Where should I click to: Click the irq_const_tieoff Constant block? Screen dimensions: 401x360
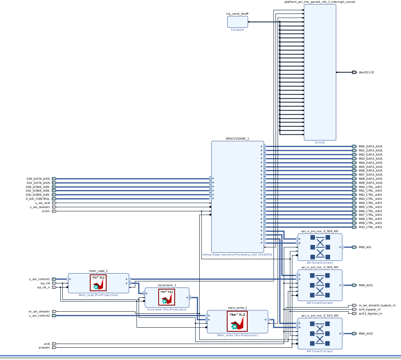[x=237, y=22]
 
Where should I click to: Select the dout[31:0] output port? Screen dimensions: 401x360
[x=354, y=72]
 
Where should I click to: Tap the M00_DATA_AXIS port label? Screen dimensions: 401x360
[x=370, y=146]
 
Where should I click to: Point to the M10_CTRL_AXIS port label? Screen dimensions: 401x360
[x=370, y=227]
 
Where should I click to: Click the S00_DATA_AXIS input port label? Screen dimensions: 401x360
[x=38, y=179]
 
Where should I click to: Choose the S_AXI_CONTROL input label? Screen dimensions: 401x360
[x=38, y=199]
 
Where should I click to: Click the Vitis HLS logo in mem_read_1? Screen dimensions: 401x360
[x=98, y=283]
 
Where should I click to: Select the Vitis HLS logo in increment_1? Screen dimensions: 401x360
[x=166, y=297]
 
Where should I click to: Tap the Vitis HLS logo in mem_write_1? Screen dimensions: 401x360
[x=237, y=321]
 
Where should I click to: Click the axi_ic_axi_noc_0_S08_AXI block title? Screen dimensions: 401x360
[x=320, y=231]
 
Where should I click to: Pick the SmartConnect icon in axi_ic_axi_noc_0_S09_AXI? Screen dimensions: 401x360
[x=320, y=285]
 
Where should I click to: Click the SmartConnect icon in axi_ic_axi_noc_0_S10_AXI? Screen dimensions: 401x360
[x=320, y=333]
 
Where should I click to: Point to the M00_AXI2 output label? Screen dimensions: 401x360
[x=366, y=333]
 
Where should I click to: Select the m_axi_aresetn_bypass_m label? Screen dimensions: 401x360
[x=377, y=305]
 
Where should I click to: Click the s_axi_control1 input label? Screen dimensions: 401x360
[x=39, y=279]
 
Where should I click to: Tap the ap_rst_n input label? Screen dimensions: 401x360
[x=43, y=287]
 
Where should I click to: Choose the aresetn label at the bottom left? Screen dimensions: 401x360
[x=44, y=347]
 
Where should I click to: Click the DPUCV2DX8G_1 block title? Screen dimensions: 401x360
[x=237, y=139]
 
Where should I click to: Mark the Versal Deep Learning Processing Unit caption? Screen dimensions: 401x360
[x=237, y=254]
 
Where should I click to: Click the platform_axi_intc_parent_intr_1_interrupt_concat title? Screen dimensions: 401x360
[x=320, y=2]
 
